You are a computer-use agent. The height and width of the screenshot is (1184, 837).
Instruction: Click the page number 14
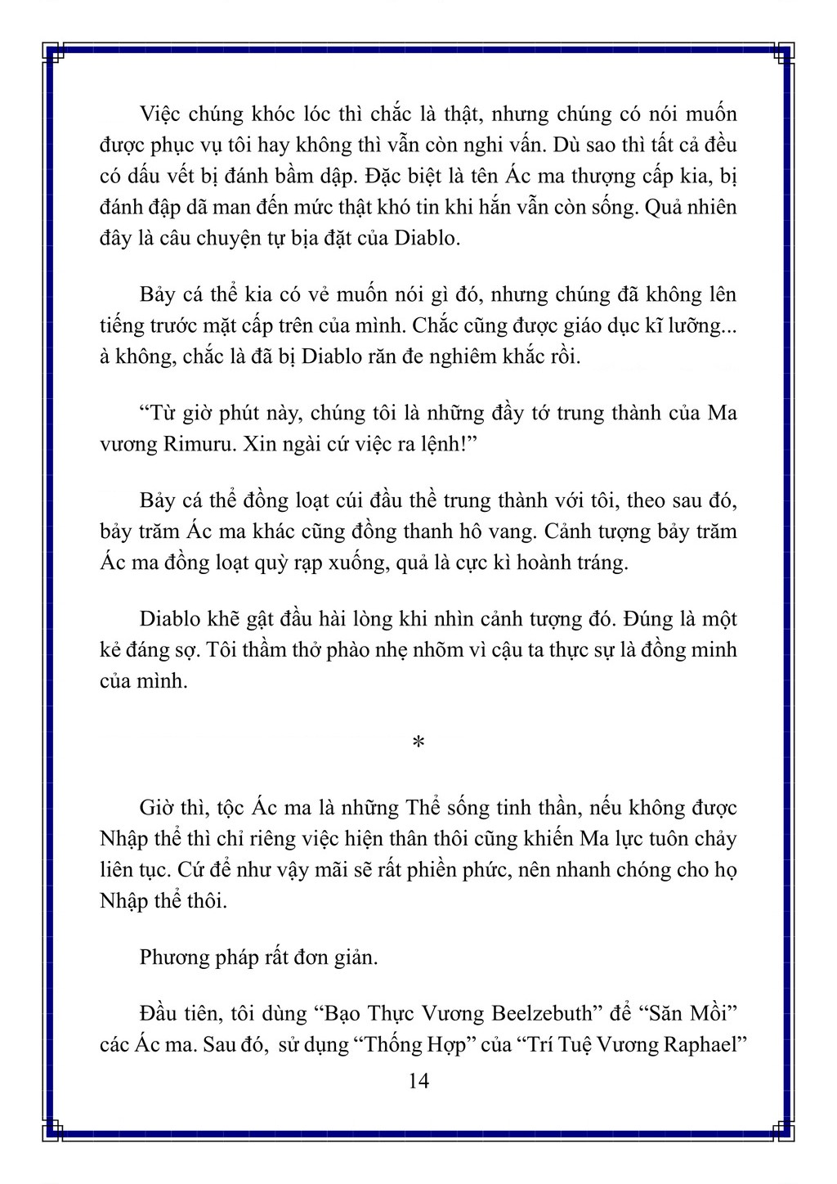[418, 1081]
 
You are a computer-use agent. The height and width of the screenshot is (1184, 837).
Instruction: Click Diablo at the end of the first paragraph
[429, 239]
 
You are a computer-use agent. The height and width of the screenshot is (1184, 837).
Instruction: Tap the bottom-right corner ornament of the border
[783, 1130]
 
